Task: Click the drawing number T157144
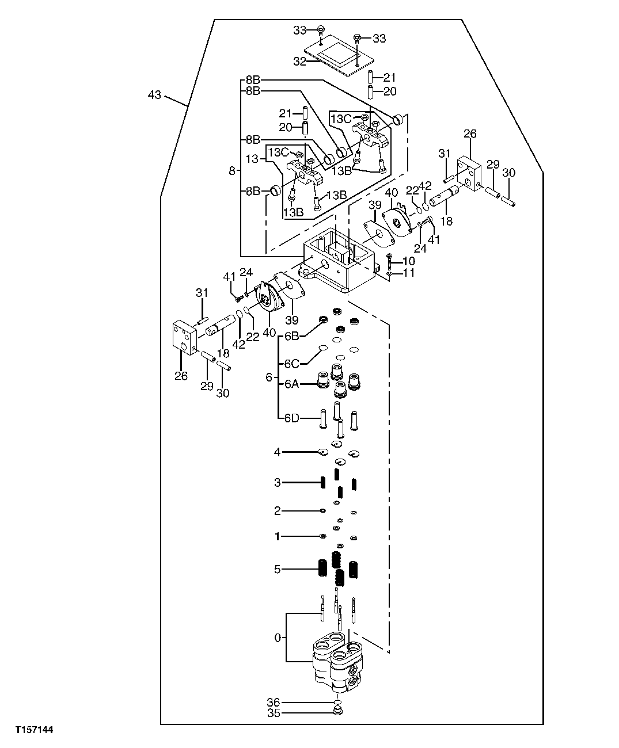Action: [x=34, y=730]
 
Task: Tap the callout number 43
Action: [x=154, y=95]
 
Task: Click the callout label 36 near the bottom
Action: [x=273, y=702]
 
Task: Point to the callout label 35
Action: [x=273, y=713]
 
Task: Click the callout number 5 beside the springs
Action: [x=278, y=569]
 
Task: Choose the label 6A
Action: [x=292, y=384]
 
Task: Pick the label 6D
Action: [x=292, y=418]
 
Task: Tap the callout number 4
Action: [x=278, y=452]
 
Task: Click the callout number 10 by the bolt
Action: [x=409, y=261]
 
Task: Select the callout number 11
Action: [x=409, y=273]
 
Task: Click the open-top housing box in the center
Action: [x=340, y=259]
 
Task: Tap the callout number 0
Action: [x=278, y=638]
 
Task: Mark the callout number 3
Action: [x=278, y=482]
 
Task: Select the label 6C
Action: [x=292, y=364]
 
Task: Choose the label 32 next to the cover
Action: [x=299, y=62]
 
